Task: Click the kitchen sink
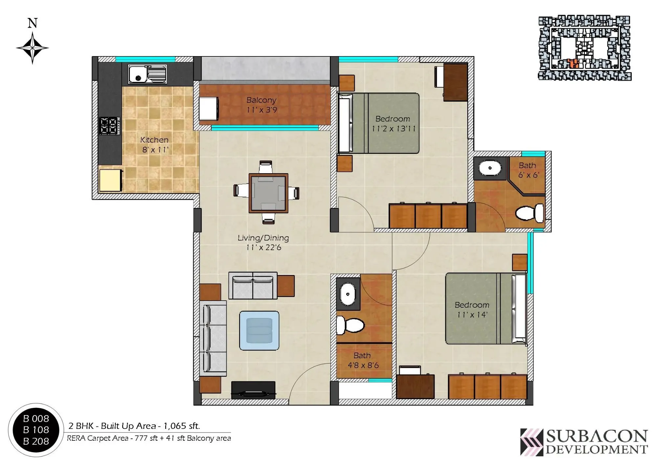click(x=147, y=74)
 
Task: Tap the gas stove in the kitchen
click(x=110, y=126)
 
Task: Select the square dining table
click(x=268, y=193)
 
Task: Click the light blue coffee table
click(x=259, y=330)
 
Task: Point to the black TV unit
click(x=253, y=390)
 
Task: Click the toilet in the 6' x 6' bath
click(x=529, y=213)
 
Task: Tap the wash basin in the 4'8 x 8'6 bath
click(x=347, y=294)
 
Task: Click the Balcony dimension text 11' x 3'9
click(x=262, y=110)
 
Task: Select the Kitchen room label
click(x=154, y=140)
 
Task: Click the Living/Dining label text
click(x=263, y=238)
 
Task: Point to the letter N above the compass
click(x=33, y=23)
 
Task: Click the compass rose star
click(x=33, y=48)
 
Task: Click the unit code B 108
click(x=36, y=430)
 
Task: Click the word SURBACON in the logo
click(x=597, y=437)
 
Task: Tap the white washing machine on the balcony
click(x=209, y=108)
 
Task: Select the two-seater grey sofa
click(x=253, y=285)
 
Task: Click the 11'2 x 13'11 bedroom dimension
click(x=394, y=129)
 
